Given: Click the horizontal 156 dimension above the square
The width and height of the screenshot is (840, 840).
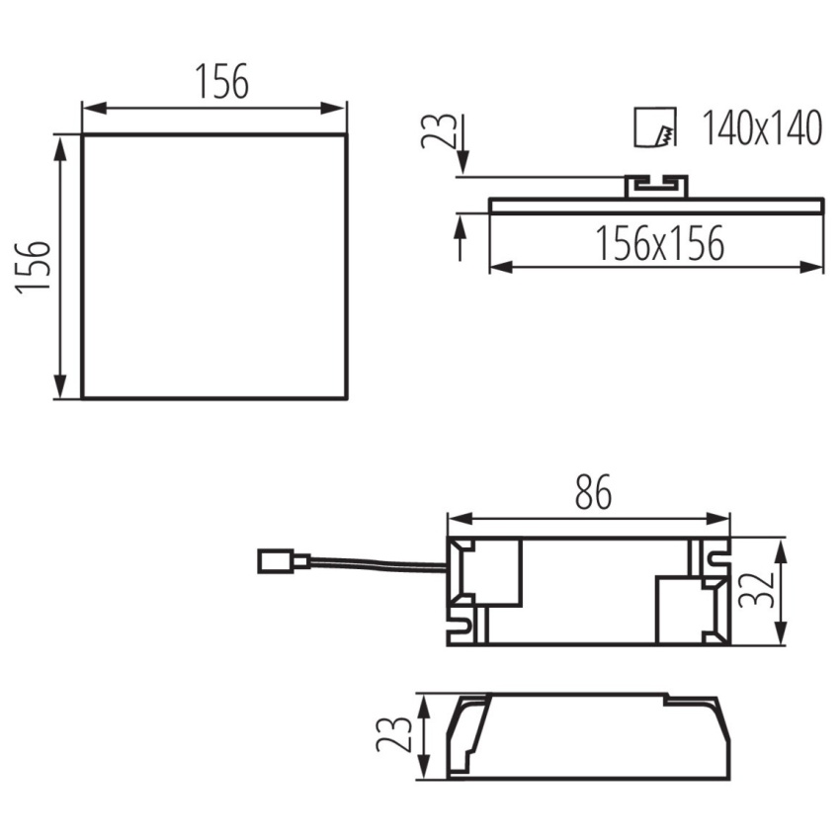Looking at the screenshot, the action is [x=221, y=81].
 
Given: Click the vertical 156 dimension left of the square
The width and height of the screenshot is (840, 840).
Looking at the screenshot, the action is [x=34, y=267].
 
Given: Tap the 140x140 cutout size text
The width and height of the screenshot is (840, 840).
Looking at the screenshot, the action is [x=761, y=128].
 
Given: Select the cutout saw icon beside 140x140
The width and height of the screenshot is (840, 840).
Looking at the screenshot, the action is [x=654, y=126].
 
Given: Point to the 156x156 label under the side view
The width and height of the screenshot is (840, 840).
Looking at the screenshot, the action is [x=659, y=243].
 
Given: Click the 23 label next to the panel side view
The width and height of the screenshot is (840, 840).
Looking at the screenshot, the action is [x=439, y=130].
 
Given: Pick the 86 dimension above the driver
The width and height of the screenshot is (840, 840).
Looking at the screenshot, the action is [x=593, y=492].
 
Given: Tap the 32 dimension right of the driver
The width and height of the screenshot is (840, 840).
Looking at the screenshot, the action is [x=756, y=590].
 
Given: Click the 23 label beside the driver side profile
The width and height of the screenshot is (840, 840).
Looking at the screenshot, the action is [x=393, y=734].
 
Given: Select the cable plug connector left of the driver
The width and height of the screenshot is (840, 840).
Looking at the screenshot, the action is [x=283, y=561].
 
